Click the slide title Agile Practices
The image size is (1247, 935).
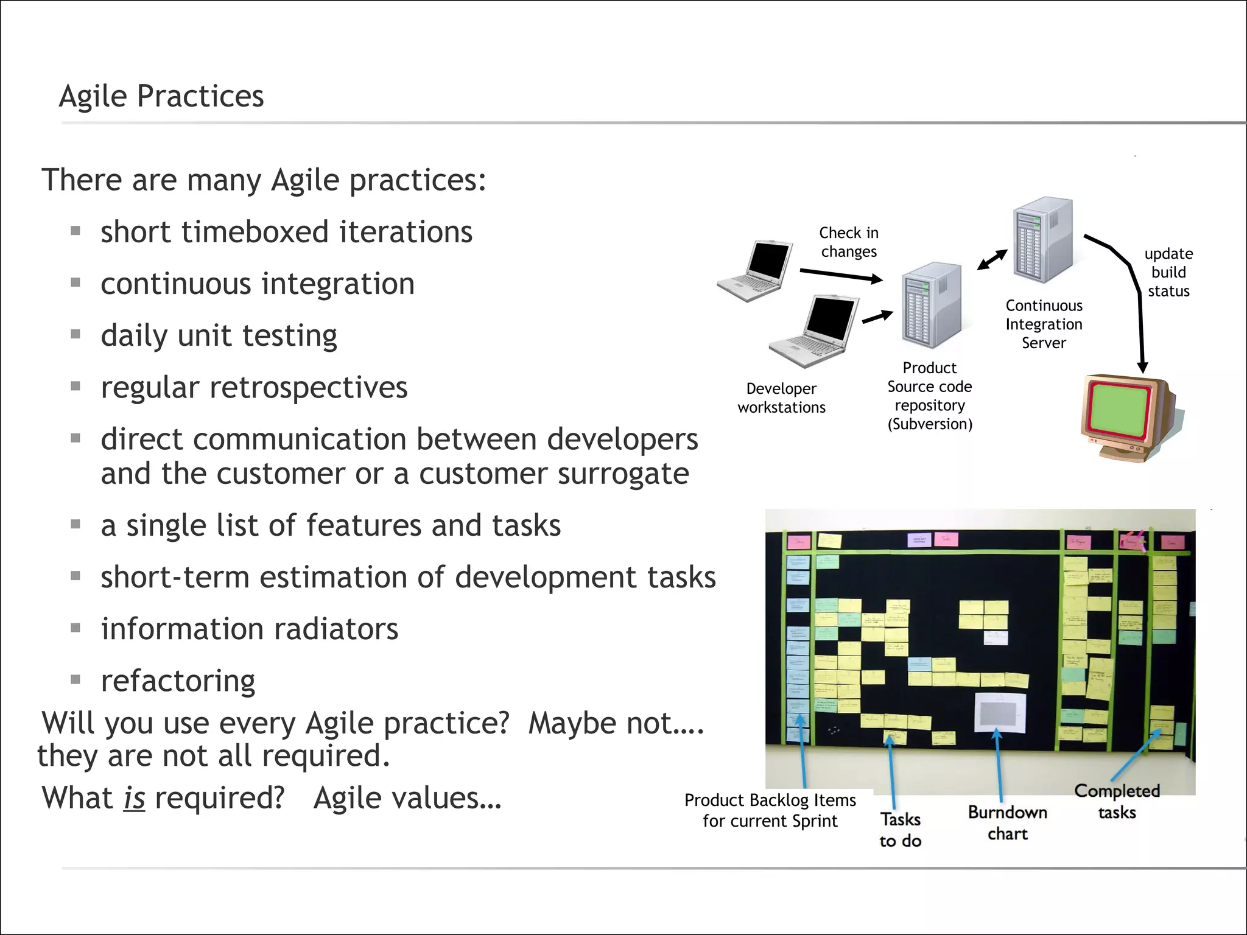point(161,96)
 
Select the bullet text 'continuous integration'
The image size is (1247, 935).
point(258,284)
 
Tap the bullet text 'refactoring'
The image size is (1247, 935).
point(178,681)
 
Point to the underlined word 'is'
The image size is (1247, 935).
point(134,798)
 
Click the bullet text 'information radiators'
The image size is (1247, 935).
point(250,629)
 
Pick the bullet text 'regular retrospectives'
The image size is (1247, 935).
point(254,388)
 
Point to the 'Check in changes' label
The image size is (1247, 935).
point(849,242)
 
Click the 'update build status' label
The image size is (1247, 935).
point(1168,272)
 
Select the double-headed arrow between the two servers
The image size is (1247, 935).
point(992,259)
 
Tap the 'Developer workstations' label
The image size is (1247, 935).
point(781,398)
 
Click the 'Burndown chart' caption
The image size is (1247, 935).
point(1008,823)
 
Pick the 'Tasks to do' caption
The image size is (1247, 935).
point(900,830)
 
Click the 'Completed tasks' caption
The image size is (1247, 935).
point(1117,801)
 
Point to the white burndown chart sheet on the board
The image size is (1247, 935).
point(1000,712)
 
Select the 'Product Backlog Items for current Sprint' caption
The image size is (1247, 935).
point(770,810)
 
